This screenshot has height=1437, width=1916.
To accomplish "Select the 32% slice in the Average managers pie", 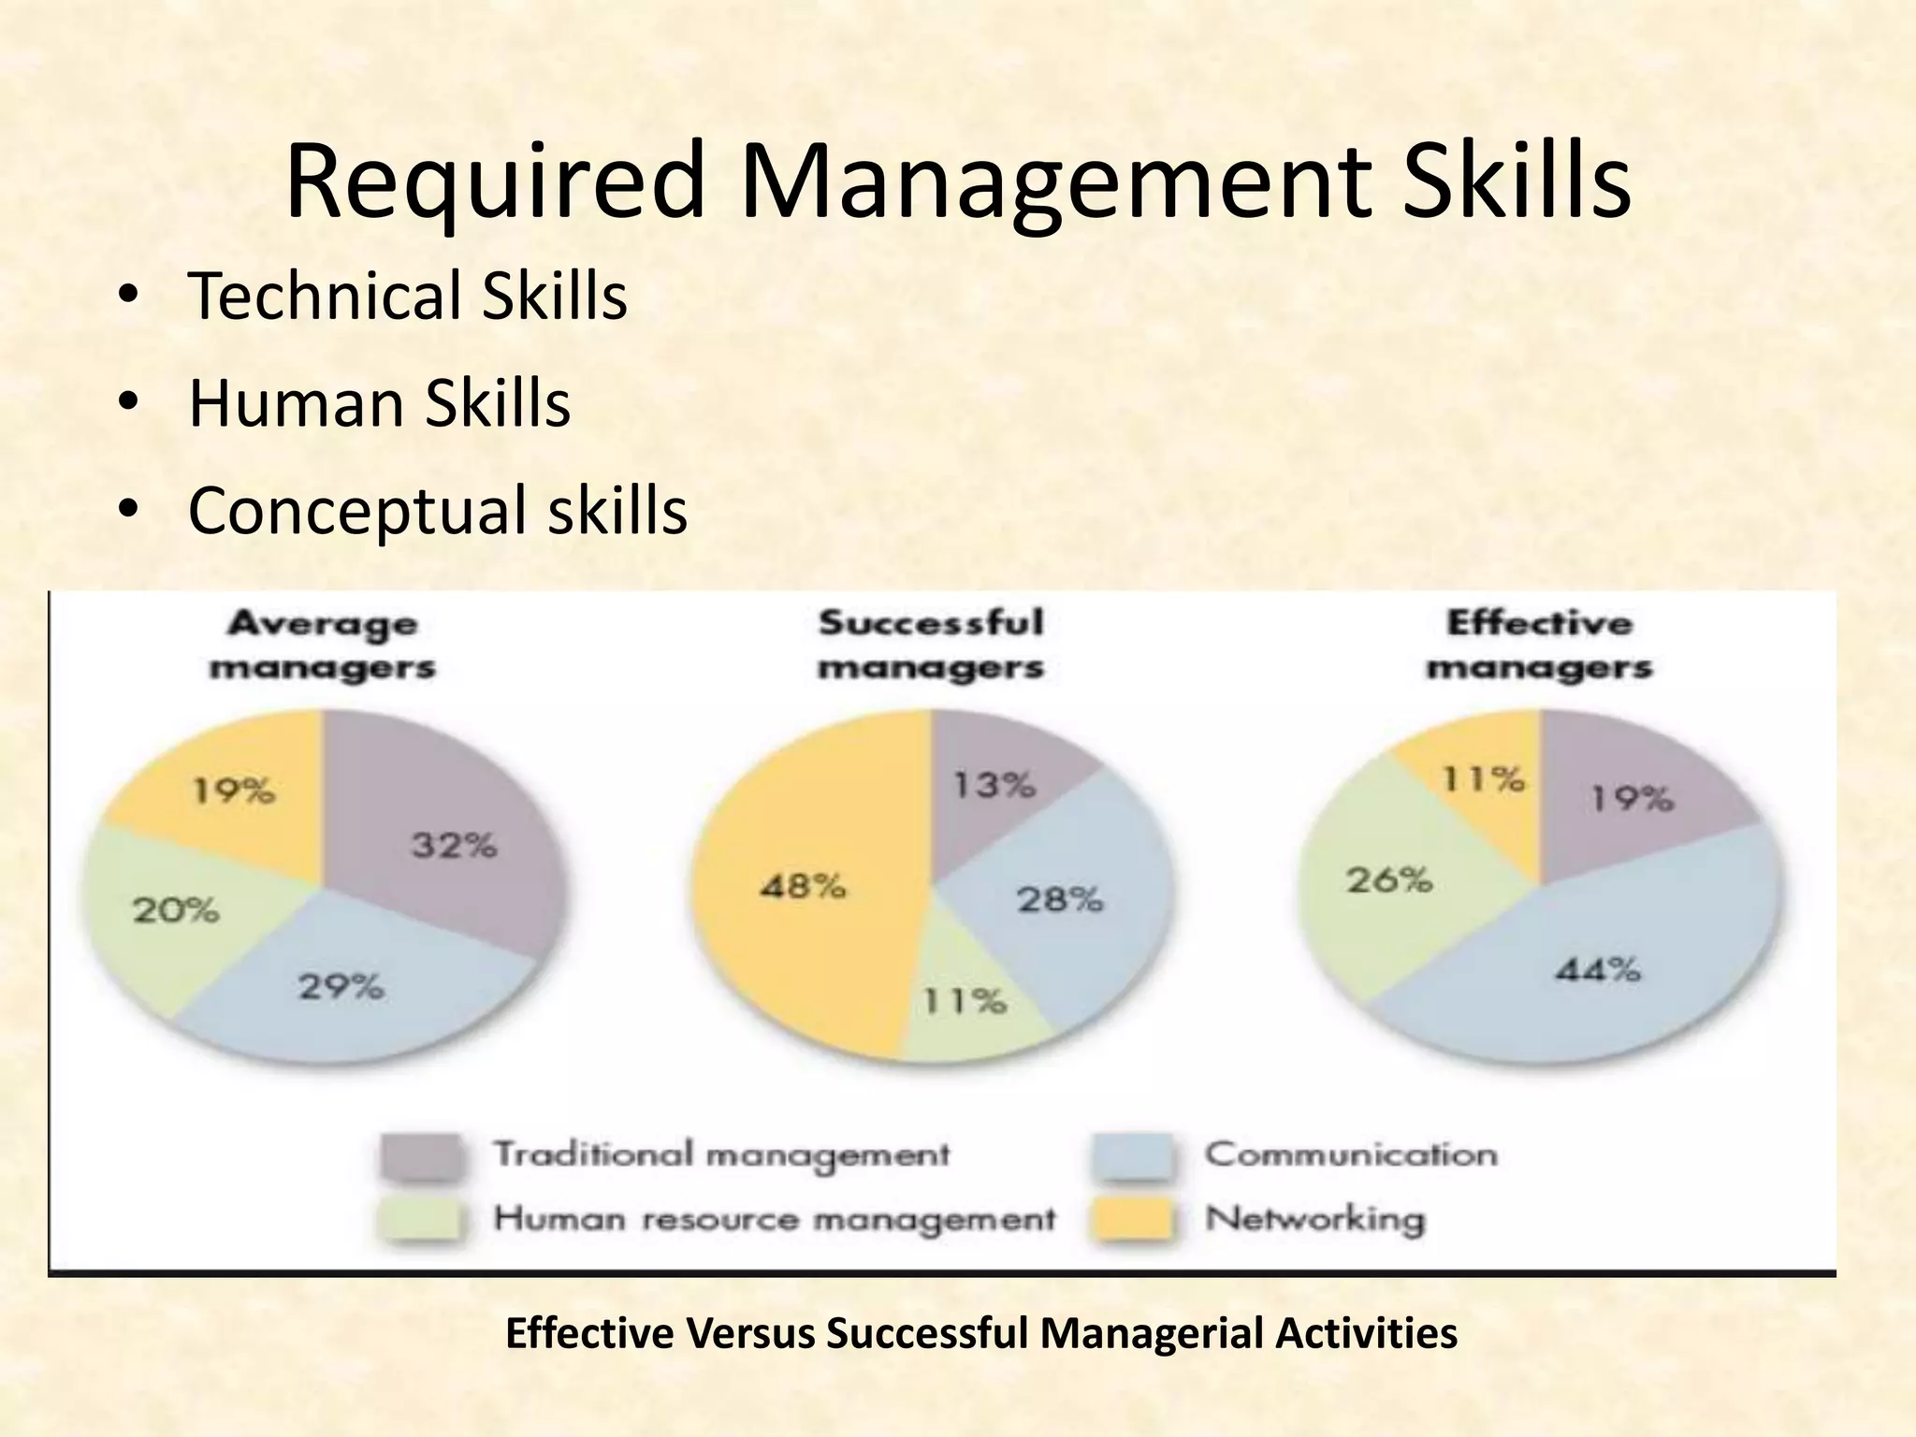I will pos(449,842).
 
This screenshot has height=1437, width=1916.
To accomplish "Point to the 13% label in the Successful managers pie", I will pos(994,784).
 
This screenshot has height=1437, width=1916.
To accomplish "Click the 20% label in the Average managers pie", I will pos(176,909).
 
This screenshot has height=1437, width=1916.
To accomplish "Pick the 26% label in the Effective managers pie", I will pos(1389,879).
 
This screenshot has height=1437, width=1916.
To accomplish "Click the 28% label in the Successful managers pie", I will pos(1060,900).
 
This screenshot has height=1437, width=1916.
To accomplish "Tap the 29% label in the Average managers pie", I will pos(341,987).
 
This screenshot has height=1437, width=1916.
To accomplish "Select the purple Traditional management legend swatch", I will pos(421,1155).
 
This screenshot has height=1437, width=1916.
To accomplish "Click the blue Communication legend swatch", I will pos(1133,1155).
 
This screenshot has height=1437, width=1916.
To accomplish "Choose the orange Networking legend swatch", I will pos(1133,1220).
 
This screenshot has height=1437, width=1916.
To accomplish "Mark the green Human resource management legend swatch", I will pos(421,1220).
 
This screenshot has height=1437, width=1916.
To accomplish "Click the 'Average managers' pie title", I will pos(323,646).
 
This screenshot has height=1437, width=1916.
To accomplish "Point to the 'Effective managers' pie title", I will pos(1540,646).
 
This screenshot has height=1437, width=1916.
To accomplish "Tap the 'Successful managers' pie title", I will pos(931,646).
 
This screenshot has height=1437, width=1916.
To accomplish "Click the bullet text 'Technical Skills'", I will pos(408,296).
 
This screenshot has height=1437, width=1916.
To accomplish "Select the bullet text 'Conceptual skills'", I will pos(438,511).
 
